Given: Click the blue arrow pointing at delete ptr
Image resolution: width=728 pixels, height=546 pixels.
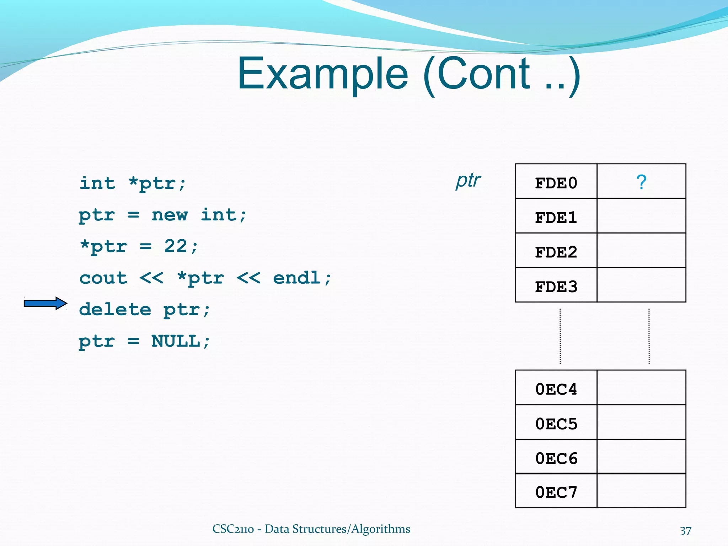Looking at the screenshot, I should pos(45,303).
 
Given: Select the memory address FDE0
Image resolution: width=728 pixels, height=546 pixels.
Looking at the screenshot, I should pos(556,183).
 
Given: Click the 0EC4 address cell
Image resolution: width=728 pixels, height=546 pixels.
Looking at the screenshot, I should pos(556,389).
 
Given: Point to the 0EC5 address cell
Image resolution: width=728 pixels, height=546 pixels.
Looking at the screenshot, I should pos(556,423).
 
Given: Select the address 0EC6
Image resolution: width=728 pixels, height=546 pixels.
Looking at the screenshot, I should pos(556,458).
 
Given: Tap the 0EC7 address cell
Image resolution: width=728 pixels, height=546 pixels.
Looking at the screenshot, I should pos(556,492).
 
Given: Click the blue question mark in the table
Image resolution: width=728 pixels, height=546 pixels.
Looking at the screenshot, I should pos(641,182).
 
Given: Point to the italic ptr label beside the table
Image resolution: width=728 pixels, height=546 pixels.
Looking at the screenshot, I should pos(468,181).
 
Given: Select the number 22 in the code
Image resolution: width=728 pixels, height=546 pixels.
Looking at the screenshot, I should pos(176,246).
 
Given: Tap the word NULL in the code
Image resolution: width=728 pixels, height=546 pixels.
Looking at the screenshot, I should pos(176,341).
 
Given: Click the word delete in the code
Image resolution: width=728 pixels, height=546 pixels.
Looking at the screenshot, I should pos(115,309).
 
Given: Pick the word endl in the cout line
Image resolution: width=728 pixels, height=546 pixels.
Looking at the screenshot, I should pos(297,278).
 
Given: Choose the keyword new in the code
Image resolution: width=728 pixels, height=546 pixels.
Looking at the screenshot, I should pos(170,215).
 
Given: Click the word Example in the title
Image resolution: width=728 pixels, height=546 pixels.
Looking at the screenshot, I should pos(323,74).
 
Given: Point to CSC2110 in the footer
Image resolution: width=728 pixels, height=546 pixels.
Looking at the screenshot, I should pos(233,529).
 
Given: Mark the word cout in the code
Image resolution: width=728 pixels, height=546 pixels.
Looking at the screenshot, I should pos(103,278).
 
